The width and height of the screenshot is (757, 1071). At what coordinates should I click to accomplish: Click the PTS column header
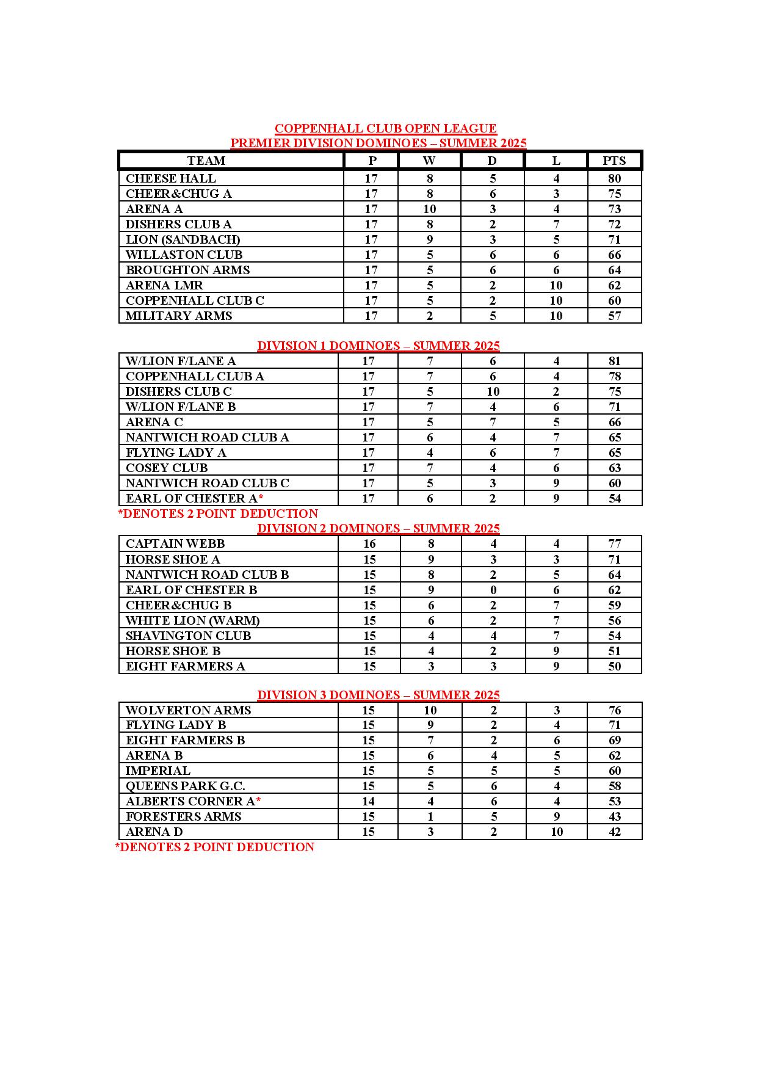pyautogui.click(x=614, y=161)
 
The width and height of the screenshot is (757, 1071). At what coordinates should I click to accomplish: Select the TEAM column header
pyautogui.click(x=206, y=161)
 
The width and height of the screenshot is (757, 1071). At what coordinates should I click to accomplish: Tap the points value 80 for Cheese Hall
pyautogui.click(x=614, y=178)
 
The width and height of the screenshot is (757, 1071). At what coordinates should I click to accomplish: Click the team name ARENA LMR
pyautogui.click(x=164, y=285)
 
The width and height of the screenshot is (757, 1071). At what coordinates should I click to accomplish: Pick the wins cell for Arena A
pyautogui.click(x=430, y=209)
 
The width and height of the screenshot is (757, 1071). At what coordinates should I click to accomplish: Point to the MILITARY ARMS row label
pyautogui.click(x=179, y=316)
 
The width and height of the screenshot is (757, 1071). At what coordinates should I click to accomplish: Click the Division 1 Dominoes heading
pyautogui.click(x=378, y=346)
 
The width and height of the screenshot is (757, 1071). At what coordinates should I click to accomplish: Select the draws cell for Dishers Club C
pyautogui.click(x=493, y=391)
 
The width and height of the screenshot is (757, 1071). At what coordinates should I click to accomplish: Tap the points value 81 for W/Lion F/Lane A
pyautogui.click(x=614, y=361)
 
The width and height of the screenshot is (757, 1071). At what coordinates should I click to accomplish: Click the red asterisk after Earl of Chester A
pyautogui.click(x=261, y=497)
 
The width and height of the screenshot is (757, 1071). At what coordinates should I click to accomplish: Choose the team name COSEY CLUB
pyautogui.click(x=167, y=468)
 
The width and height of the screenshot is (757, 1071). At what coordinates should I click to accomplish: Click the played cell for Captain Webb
pyautogui.click(x=369, y=543)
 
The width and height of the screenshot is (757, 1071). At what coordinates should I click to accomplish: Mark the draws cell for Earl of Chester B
pyautogui.click(x=493, y=590)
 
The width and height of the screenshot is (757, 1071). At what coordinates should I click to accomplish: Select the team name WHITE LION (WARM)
pyautogui.click(x=192, y=620)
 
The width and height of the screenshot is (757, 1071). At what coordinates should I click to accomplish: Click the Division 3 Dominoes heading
pyautogui.click(x=378, y=695)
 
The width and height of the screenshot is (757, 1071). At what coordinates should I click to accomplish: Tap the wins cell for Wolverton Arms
pyautogui.click(x=430, y=710)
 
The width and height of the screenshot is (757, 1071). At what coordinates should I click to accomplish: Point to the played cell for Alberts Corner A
pyautogui.click(x=369, y=801)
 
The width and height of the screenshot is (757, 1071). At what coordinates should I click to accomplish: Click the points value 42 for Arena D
pyautogui.click(x=614, y=832)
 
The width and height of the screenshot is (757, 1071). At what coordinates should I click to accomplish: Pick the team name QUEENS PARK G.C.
pyautogui.click(x=186, y=786)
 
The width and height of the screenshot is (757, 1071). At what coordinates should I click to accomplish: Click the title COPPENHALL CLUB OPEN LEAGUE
pyautogui.click(x=385, y=128)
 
